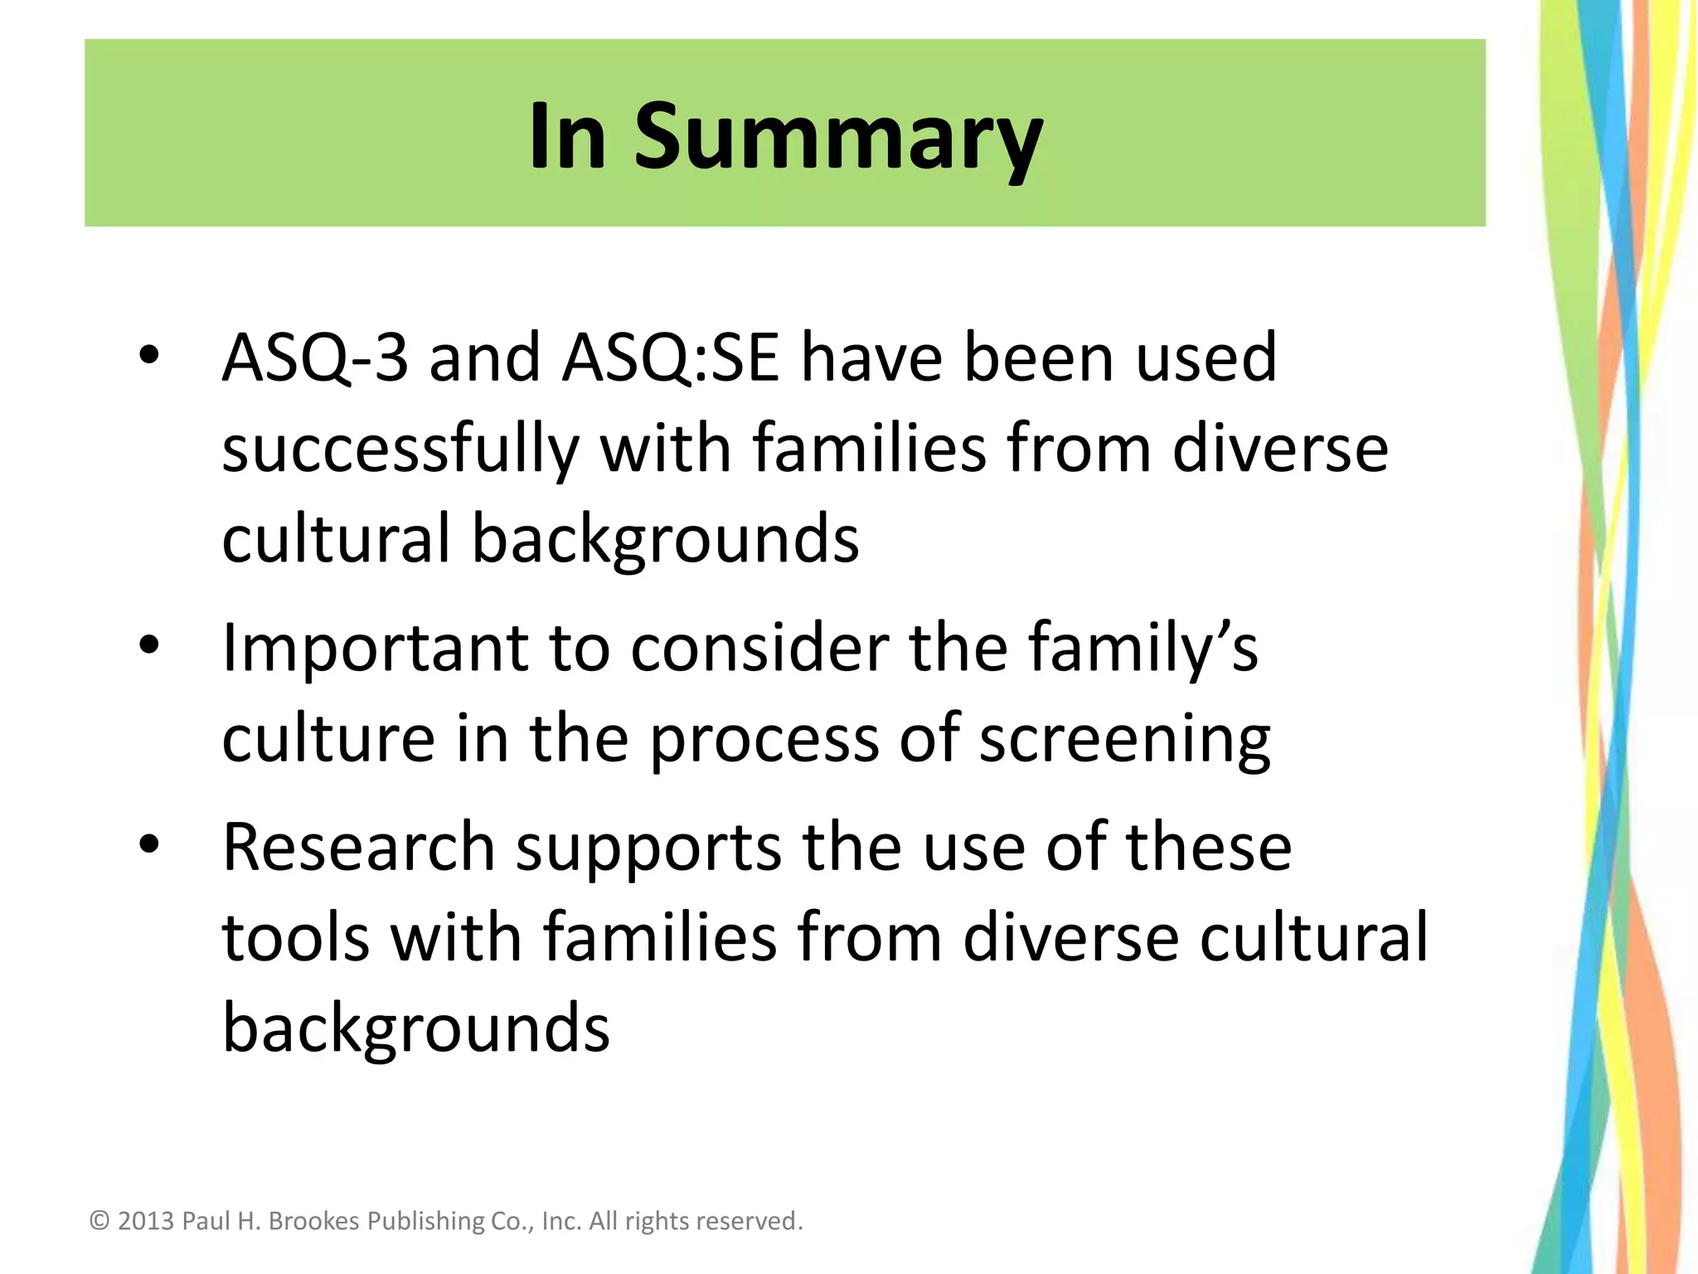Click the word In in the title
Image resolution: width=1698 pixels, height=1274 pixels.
click(x=568, y=137)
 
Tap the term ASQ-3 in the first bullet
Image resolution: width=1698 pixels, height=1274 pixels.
click(x=315, y=358)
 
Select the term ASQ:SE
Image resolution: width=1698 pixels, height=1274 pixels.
click(x=670, y=358)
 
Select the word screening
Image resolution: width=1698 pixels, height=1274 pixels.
click(x=1124, y=738)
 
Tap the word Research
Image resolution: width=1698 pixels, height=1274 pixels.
click(x=358, y=848)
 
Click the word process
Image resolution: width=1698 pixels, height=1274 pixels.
click(x=763, y=738)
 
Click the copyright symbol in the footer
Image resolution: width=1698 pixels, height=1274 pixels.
click(x=99, y=1221)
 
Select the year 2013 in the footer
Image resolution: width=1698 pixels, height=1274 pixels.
click(x=146, y=1221)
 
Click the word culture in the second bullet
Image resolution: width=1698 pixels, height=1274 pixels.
click(x=328, y=738)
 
